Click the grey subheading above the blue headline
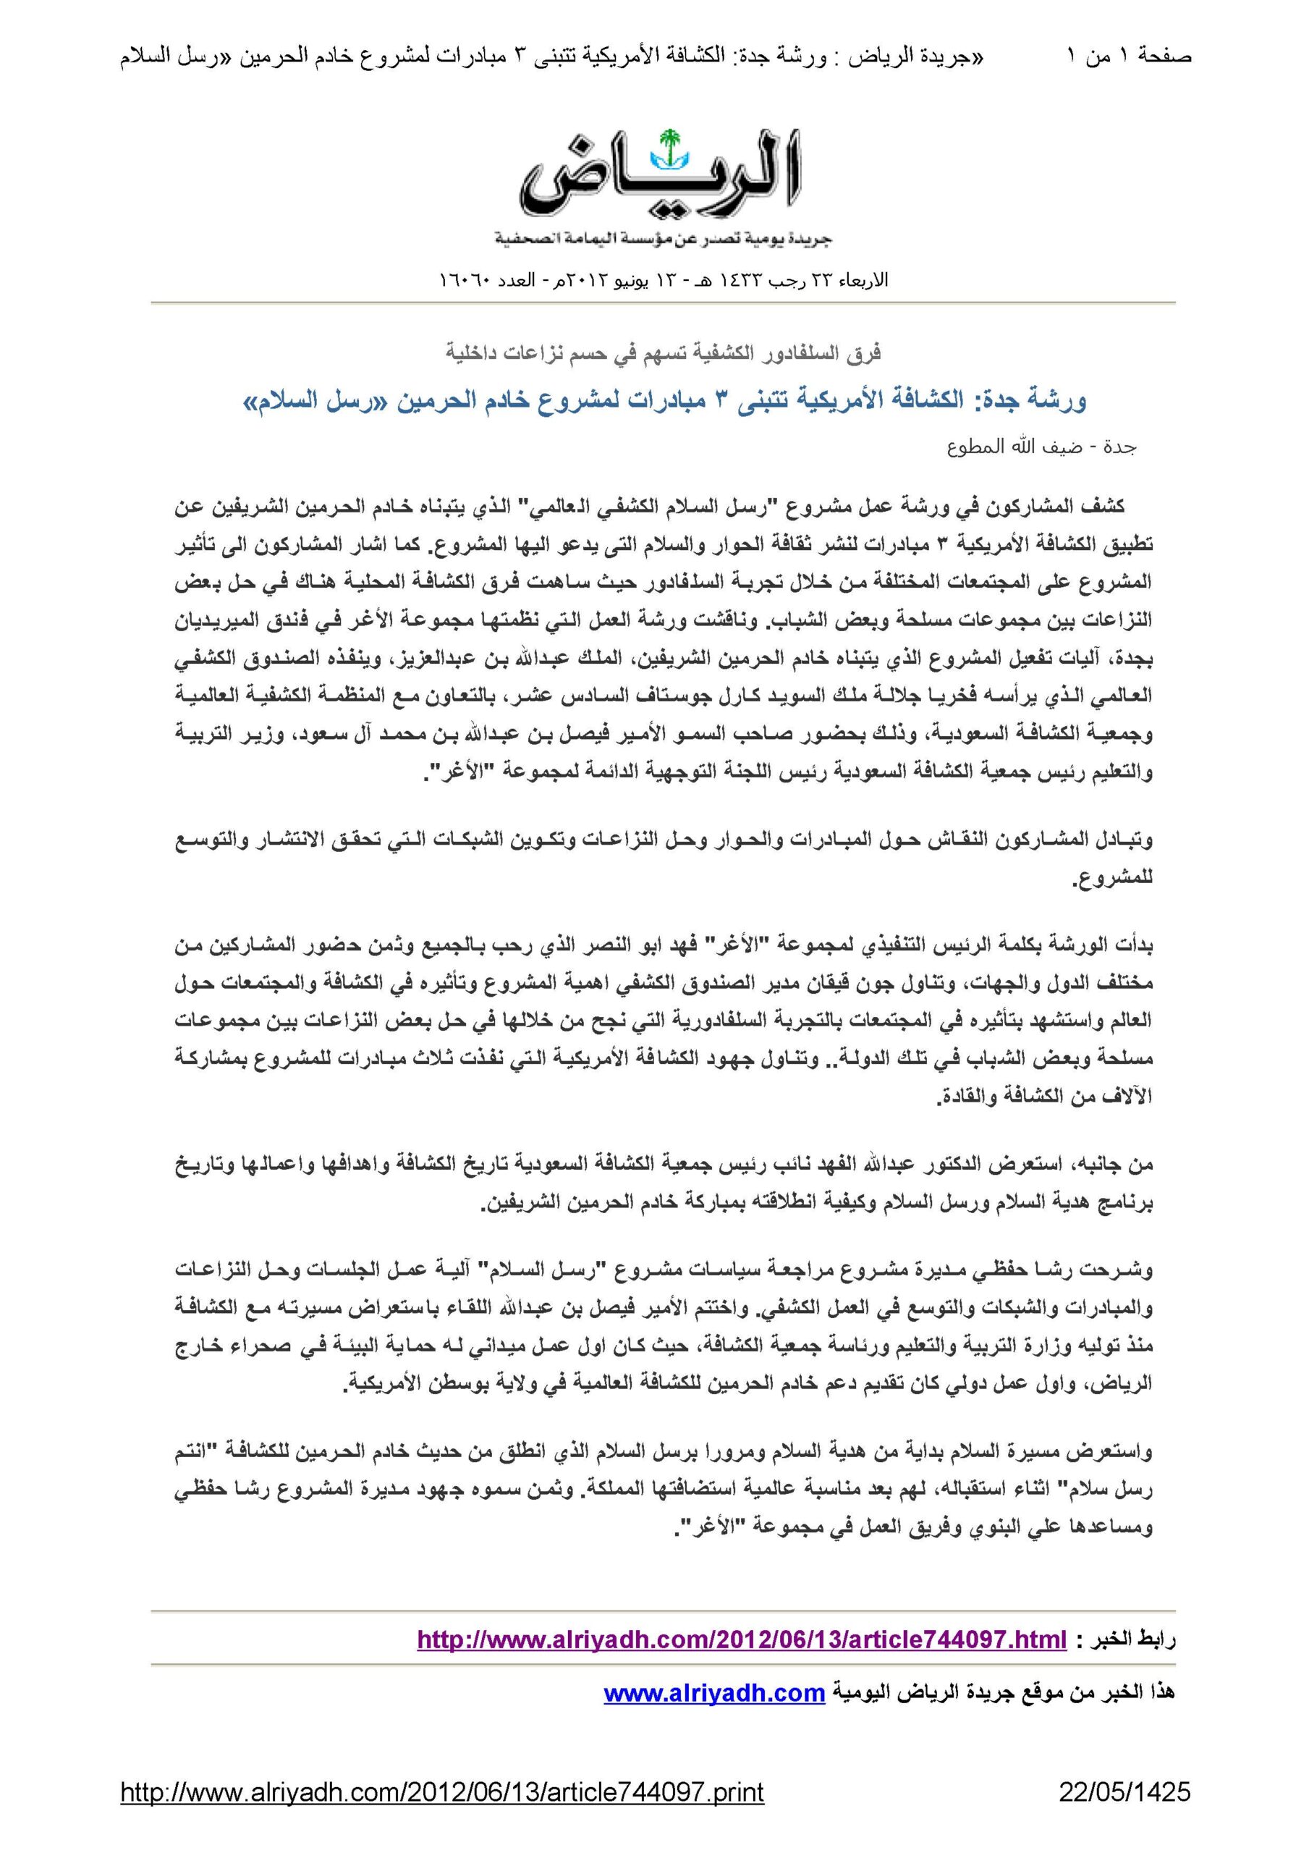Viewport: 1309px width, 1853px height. pyautogui.click(x=663, y=353)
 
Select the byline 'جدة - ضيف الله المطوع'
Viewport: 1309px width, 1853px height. pyautogui.click(x=1042, y=447)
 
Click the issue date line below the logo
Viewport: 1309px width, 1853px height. pyautogui.click(x=663, y=280)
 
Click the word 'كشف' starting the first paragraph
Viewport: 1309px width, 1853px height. pyautogui.click(x=1106, y=507)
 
